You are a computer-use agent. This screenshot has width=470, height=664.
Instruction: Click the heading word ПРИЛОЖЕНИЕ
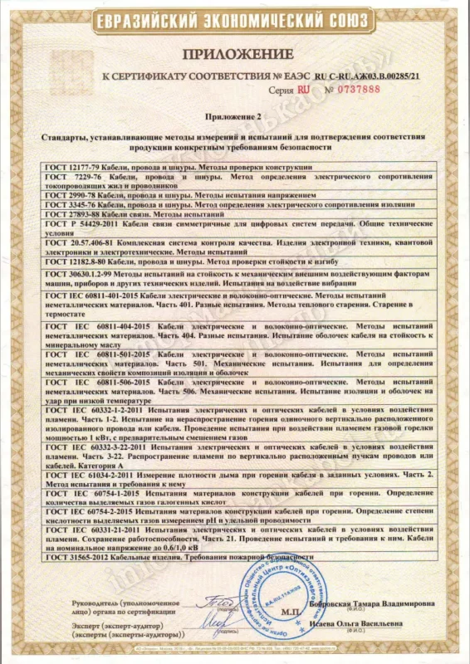(x=235, y=54)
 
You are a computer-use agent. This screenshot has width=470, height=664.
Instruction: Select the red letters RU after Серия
(x=305, y=89)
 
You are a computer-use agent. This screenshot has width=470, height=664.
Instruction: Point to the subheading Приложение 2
(x=235, y=119)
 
